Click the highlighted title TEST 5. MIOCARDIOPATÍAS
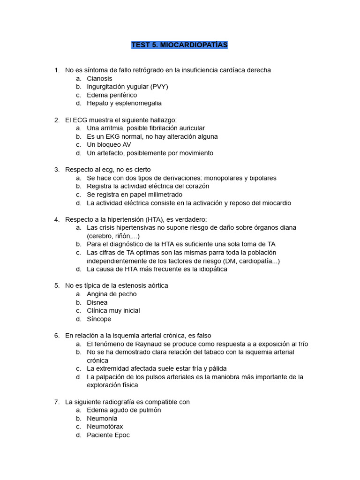tap(180, 45)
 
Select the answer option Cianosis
tap(99, 79)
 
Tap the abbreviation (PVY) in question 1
tap(159, 87)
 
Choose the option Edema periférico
tap(112, 95)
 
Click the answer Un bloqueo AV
tap(109, 145)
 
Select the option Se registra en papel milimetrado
tap(135, 195)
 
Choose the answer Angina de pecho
tap(112, 294)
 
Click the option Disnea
tap(97, 302)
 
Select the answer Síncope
tap(99, 319)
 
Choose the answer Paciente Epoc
tap(108, 435)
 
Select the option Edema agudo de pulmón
tap(124, 410)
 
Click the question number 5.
tap(57, 285)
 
